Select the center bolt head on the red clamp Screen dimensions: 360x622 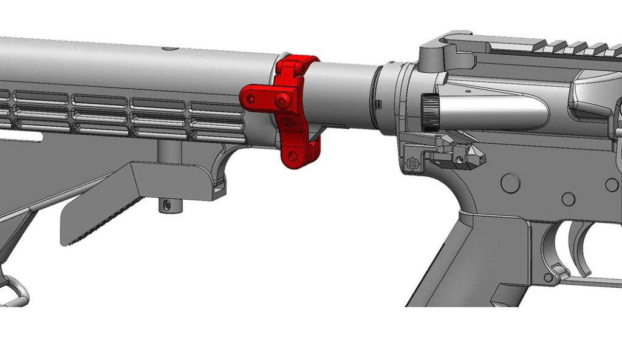(282, 102)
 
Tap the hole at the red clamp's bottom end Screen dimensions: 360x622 (293, 155)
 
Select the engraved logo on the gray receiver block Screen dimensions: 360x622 (412, 163)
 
